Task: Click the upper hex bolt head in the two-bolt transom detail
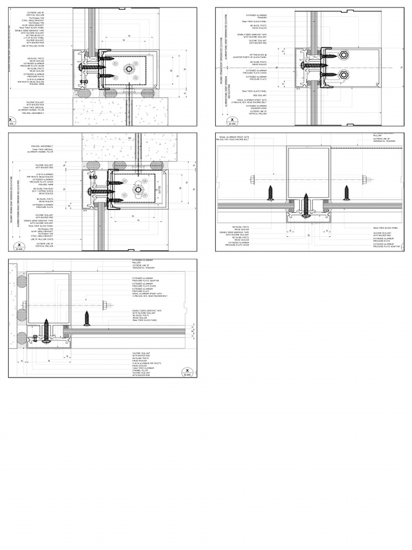343,55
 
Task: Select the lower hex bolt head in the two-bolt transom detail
343,74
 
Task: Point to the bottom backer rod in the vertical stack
21,339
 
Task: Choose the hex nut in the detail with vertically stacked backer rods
105,305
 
